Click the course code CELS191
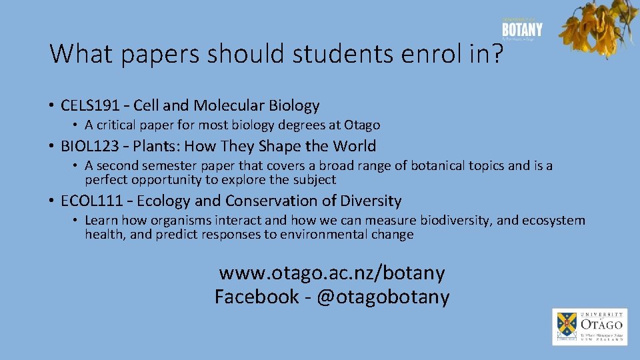[x=89, y=105]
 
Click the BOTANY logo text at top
[x=522, y=29]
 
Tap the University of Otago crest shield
[x=567, y=325]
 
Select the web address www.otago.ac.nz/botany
[x=332, y=273]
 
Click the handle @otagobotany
[x=383, y=297]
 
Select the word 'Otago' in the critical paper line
[x=362, y=125]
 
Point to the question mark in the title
[x=496, y=53]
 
